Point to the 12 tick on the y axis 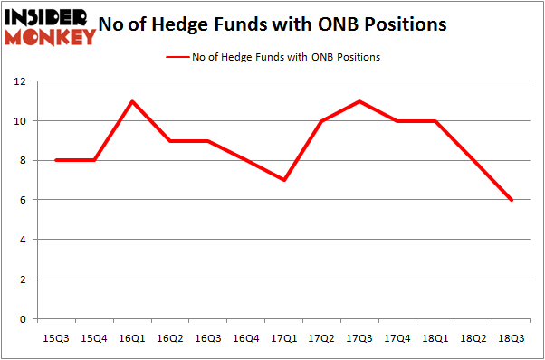click(19, 81)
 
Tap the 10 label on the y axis click(19, 121)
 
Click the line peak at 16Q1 click(133, 101)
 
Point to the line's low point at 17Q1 click(284, 180)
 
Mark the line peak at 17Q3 click(360, 101)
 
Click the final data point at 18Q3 click(512, 200)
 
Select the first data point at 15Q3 click(57, 160)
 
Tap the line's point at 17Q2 click(322, 121)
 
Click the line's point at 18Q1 click(436, 121)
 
